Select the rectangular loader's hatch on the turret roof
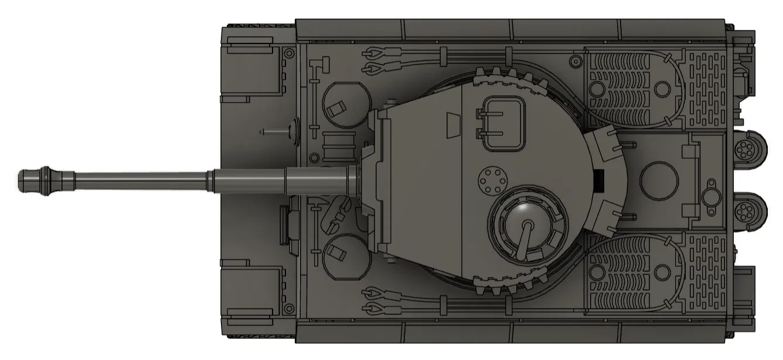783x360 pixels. tap(502, 122)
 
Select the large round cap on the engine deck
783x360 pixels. tap(660, 180)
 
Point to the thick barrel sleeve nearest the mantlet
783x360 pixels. tap(319, 179)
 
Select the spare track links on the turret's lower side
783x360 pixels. tap(508, 284)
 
